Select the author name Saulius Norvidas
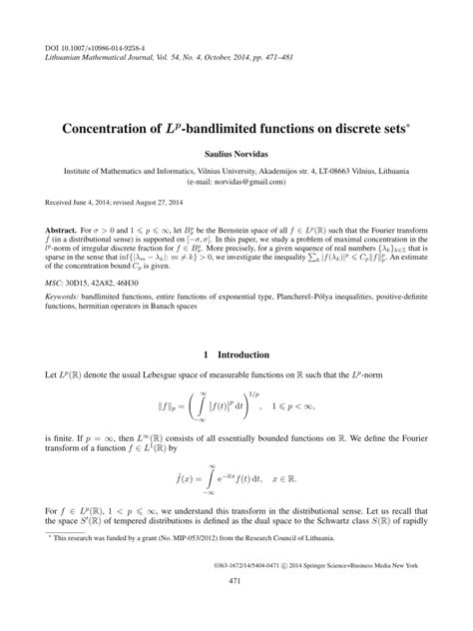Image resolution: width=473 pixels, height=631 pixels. (236, 156)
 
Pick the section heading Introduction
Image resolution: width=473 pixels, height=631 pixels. (245, 354)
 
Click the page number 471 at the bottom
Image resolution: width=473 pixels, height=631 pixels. (236, 608)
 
